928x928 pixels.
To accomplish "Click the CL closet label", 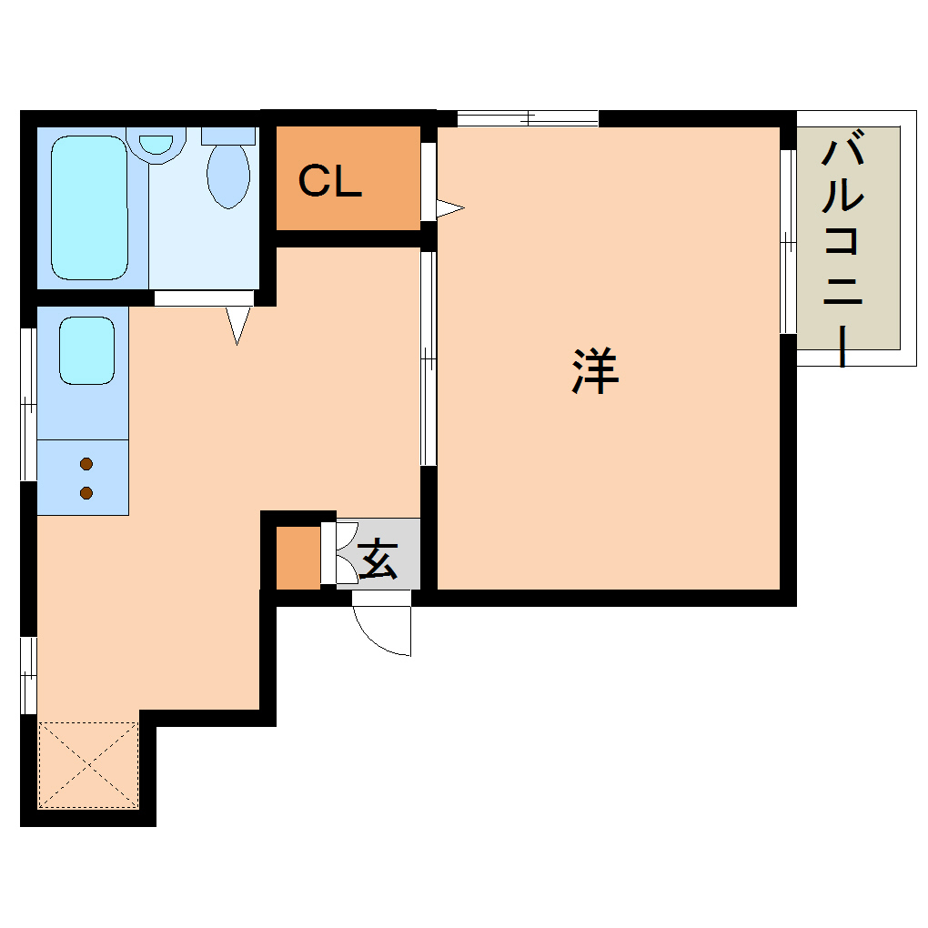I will pyautogui.click(x=330, y=182).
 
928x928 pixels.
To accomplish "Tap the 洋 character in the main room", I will pyautogui.click(x=596, y=370).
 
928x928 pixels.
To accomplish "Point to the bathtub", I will pyautogui.click(x=88, y=207).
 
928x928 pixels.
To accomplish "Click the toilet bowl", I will pyautogui.click(x=228, y=175).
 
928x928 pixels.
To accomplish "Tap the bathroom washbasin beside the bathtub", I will pyautogui.click(x=156, y=146).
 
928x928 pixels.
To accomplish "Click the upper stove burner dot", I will pyautogui.click(x=86, y=464).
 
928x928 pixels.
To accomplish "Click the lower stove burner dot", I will pyautogui.click(x=86, y=493).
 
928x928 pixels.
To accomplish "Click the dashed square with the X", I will pyautogui.click(x=88, y=765).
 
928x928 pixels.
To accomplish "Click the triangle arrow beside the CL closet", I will pyautogui.click(x=449, y=208).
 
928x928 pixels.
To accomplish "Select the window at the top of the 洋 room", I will pyautogui.click(x=528, y=118).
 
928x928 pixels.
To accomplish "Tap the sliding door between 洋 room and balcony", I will pyautogui.click(x=788, y=241).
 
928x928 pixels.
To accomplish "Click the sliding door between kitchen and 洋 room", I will pyautogui.click(x=428, y=359).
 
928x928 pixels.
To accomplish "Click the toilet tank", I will pyautogui.click(x=228, y=136).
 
